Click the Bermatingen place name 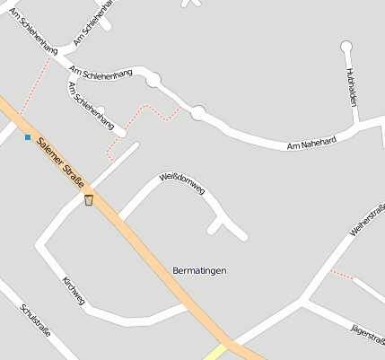coord(199,270)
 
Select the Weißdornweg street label coord(182,184)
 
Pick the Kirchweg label coord(74,290)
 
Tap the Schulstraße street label coord(35,321)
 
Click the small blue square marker coord(28,137)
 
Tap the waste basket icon coord(89,199)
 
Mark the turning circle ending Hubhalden coord(346,47)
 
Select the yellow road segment coord(215,351)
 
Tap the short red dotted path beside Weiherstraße coord(341,273)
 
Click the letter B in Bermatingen coord(175,270)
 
